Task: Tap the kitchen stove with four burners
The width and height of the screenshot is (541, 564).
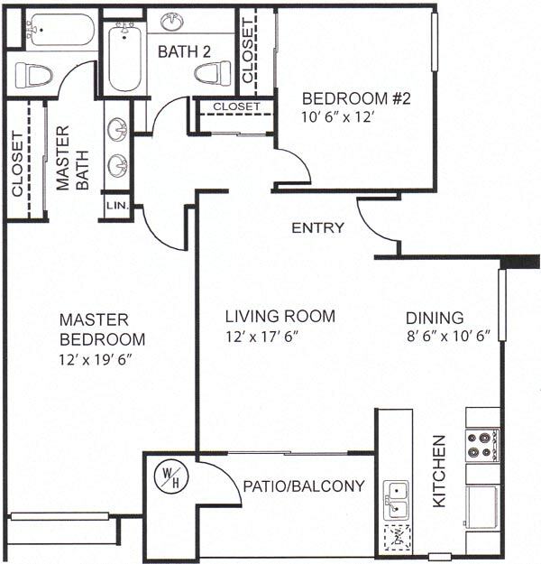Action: click(482, 444)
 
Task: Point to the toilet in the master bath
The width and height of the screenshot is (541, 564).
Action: click(33, 75)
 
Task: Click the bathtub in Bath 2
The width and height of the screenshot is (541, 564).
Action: click(124, 59)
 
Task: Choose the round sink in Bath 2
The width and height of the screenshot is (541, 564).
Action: click(172, 21)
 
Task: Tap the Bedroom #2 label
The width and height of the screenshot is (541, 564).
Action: click(356, 98)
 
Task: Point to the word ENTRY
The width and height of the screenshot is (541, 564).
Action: click(317, 228)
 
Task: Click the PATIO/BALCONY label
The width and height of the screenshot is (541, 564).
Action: click(304, 486)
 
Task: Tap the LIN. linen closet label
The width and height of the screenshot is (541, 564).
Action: click(117, 207)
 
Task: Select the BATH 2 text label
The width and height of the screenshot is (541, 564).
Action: click(184, 52)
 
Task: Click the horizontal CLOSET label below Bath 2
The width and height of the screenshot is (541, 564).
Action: click(236, 106)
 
